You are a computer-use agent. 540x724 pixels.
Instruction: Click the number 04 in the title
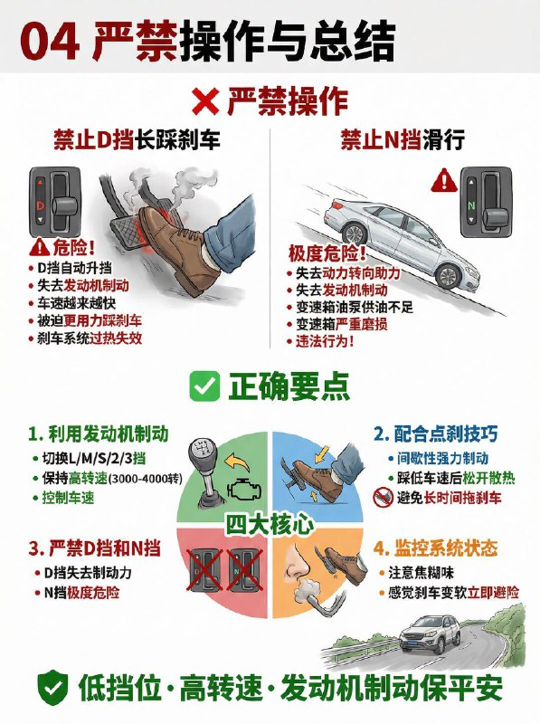point(50,39)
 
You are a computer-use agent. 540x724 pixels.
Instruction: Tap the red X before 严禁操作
point(206,101)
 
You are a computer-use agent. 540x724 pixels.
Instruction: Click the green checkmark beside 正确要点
point(204,386)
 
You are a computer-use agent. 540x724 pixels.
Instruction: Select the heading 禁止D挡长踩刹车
point(135,140)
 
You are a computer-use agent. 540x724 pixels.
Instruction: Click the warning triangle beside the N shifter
point(443,180)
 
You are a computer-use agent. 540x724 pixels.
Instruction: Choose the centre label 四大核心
point(270,523)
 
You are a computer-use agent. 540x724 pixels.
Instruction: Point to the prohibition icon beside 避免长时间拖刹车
point(382,497)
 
